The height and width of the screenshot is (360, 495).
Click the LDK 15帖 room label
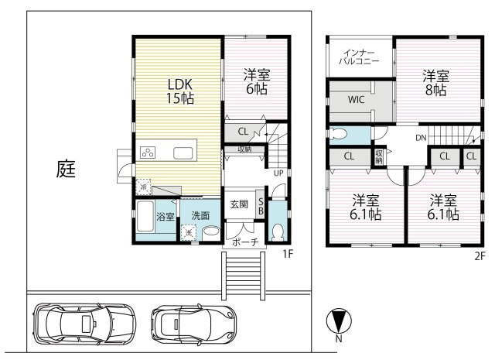pos(180,91)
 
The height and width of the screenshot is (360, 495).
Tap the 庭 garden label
pos(66,169)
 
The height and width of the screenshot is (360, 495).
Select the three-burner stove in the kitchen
pos(148,153)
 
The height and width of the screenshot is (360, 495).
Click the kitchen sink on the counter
pos(183,153)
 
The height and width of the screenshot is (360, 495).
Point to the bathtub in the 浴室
pos(145,217)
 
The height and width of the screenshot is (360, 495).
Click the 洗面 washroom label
pos(200,216)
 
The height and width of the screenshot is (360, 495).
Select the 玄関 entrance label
pos(239,204)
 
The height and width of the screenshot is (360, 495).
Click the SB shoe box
pos(261,207)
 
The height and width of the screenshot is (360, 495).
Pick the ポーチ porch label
pos(245,242)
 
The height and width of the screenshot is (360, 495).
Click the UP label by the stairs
pos(278,173)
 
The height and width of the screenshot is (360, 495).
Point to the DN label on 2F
pos(421,138)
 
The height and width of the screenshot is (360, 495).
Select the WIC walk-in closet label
pos(356,100)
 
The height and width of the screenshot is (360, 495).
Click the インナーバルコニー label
pos(359,57)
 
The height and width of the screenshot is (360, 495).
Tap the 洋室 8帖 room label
pos(435,83)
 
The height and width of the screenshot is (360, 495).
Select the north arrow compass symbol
pos(339,321)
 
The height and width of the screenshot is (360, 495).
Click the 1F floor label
pos(288,254)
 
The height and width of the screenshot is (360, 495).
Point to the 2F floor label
pos(480,256)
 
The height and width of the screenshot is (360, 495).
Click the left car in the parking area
pos(84,324)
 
